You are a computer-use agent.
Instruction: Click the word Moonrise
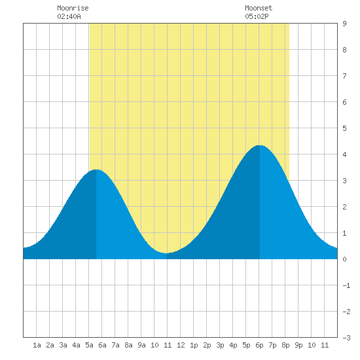click(x=73, y=8)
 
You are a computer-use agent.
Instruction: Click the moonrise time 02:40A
click(x=69, y=16)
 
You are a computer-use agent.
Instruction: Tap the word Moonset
click(x=259, y=8)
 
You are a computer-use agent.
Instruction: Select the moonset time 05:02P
click(x=257, y=16)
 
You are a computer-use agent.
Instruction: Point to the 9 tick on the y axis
click(x=344, y=24)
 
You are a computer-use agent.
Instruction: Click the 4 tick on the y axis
click(x=344, y=154)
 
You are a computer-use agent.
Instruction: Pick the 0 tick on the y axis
click(x=344, y=259)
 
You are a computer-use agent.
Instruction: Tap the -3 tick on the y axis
click(x=346, y=338)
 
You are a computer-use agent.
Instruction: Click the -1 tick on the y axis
click(x=346, y=285)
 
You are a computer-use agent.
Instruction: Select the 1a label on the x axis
click(x=37, y=345)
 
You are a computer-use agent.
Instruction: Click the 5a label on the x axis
click(x=89, y=345)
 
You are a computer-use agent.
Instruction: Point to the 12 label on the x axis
click(x=181, y=345)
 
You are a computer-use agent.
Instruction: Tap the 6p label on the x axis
click(x=259, y=345)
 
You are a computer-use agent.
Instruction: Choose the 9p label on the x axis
click(x=298, y=345)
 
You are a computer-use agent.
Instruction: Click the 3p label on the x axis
click(x=220, y=345)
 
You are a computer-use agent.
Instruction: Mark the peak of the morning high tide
click(x=96, y=170)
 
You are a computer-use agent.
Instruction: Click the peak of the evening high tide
click(x=259, y=145)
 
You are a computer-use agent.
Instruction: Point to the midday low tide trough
click(x=166, y=253)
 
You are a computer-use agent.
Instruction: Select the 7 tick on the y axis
click(x=344, y=76)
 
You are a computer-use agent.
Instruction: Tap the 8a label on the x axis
click(x=128, y=345)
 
